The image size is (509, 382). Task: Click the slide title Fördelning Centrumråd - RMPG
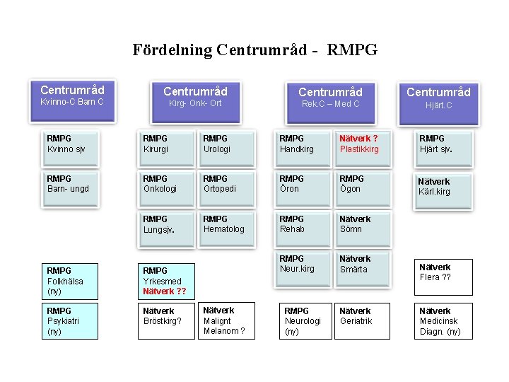(x=255, y=50)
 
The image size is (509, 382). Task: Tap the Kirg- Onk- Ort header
(x=195, y=97)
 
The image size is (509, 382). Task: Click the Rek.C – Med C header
(x=330, y=97)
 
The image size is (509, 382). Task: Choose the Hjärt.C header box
(x=438, y=98)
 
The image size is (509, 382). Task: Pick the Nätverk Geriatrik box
(x=363, y=321)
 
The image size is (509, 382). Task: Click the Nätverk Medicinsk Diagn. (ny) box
(x=441, y=321)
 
